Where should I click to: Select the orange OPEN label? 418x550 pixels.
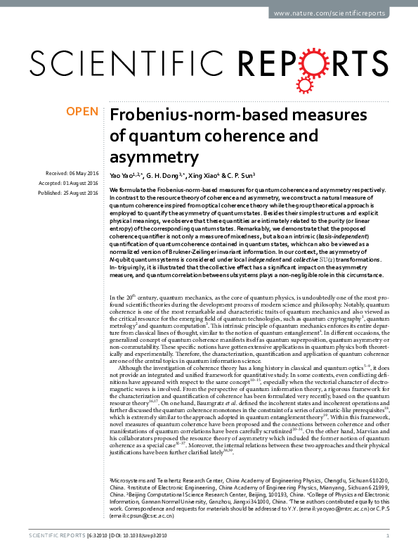pyautogui.click(x=81, y=112)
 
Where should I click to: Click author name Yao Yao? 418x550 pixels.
pyautogui.click(x=124, y=174)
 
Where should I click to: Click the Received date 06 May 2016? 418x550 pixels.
pyautogui.click(x=83, y=173)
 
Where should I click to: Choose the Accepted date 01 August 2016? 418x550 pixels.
pyautogui.click(x=81, y=183)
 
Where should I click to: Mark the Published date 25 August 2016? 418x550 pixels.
pyautogui.click(x=81, y=193)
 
